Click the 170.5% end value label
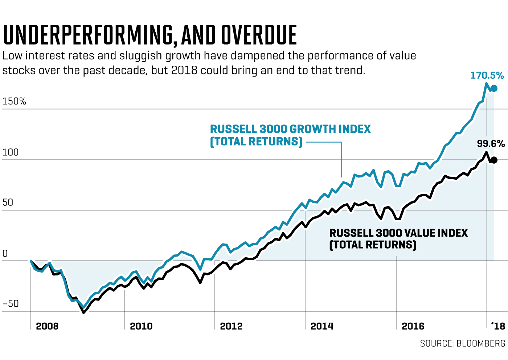(487, 75)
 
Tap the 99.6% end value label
(491, 144)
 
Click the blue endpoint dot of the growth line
(494, 88)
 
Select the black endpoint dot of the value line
(494, 160)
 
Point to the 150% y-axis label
(14, 101)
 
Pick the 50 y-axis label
(8, 202)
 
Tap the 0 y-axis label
(5, 253)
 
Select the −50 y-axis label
(11, 304)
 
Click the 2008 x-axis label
(47, 326)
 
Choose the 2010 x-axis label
(141, 326)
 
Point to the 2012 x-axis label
(231, 326)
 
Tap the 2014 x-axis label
(322, 326)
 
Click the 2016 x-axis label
(413, 326)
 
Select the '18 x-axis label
(498, 326)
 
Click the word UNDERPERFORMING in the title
(87, 35)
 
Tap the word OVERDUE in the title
(259, 35)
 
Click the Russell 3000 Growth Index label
(290, 135)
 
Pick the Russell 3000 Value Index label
(398, 238)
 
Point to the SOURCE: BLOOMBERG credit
(463, 343)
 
